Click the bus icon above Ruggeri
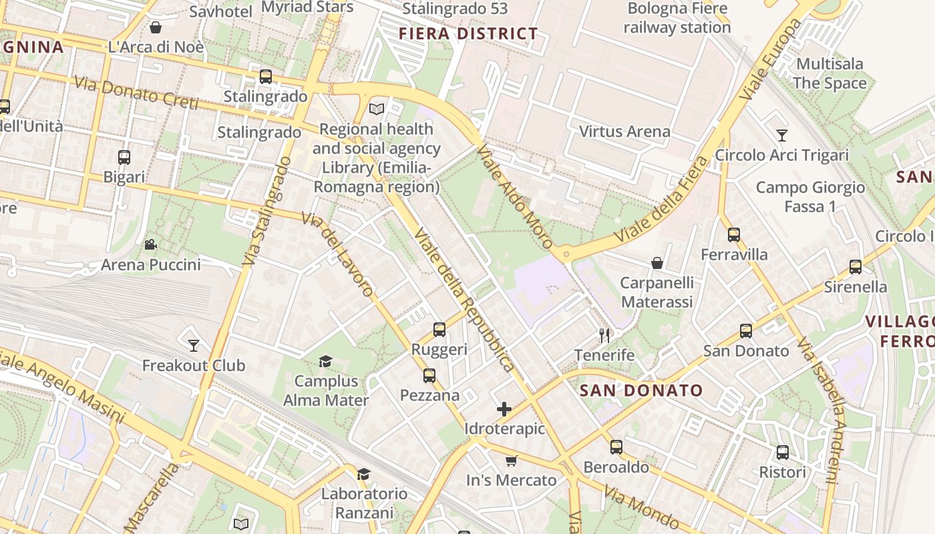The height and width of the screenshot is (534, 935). pyautogui.click(x=439, y=329)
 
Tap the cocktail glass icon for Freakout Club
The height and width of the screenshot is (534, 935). pyautogui.click(x=194, y=345)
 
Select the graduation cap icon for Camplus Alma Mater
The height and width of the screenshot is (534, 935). pyautogui.click(x=325, y=361)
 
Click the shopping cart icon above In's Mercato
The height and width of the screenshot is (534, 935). pyautogui.click(x=511, y=461)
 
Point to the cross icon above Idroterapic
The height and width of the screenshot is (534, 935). pyautogui.click(x=504, y=409)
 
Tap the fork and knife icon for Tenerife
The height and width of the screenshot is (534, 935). pyautogui.click(x=604, y=334)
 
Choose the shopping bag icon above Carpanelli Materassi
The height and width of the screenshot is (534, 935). pyautogui.click(x=657, y=263)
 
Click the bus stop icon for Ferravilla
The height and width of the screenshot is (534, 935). pyautogui.click(x=734, y=234)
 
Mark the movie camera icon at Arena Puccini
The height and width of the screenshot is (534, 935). pyautogui.click(x=150, y=245)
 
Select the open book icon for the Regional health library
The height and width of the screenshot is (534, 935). pyautogui.click(x=377, y=109)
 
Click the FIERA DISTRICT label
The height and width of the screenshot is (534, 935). pyautogui.click(x=468, y=33)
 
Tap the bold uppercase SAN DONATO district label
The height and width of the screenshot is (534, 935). pyautogui.click(x=641, y=390)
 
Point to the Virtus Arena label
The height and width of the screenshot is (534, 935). pyautogui.click(x=624, y=131)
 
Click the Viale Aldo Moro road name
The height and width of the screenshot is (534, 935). pyautogui.click(x=514, y=198)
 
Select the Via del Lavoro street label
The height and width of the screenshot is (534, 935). pyautogui.click(x=337, y=254)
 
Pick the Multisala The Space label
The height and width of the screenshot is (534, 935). pyautogui.click(x=829, y=73)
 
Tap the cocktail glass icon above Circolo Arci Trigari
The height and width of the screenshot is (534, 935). pyautogui.click(x=781, y=136)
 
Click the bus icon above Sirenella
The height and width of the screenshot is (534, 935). pyautogui.click(x=855, y=267)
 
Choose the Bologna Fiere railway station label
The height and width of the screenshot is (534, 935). pyautogui.click(x=677, y=18)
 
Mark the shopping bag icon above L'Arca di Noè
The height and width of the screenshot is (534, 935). pyautogui.click(x=156, y=27)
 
